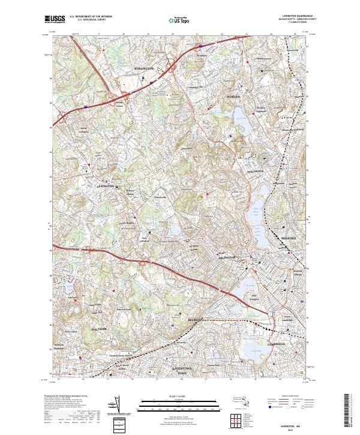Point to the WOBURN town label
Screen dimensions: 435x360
232,96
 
